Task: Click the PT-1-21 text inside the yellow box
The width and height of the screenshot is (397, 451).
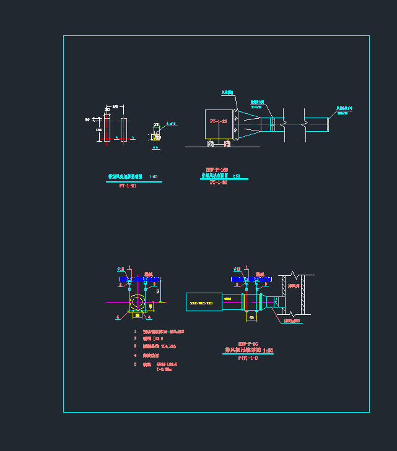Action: click(218, 122)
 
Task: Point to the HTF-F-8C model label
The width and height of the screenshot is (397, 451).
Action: click(248, 344)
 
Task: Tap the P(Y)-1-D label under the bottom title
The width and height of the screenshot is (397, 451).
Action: click(248, 358)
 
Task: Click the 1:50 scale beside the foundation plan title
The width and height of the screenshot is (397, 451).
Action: click(154, 176)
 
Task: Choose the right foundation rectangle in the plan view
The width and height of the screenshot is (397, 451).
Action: click(124, 129)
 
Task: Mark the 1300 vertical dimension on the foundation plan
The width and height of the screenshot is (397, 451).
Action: click(98, 130)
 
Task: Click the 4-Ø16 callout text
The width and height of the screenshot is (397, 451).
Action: click(172, 124)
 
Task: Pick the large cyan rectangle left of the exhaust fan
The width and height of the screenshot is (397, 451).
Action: click(204, 302)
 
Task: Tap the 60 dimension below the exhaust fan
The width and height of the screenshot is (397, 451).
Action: click(251, 317)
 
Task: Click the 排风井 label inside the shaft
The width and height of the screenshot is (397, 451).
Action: click(294, 286)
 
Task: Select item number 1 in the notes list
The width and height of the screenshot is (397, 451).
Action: click(135, 332)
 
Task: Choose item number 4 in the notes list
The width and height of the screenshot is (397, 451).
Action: click(135, 355)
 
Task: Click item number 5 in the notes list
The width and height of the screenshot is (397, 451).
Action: click(135, 364)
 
